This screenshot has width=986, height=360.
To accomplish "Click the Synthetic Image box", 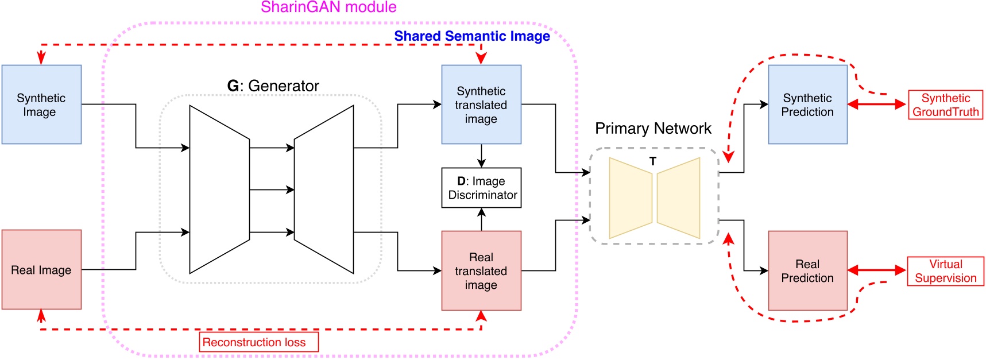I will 41,104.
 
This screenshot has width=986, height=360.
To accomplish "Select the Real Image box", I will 41,270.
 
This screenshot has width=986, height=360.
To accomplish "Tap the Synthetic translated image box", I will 481,104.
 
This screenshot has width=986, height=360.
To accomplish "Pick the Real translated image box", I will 481,270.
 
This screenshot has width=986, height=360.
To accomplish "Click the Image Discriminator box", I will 481,188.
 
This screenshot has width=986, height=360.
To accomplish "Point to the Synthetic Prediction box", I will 807,104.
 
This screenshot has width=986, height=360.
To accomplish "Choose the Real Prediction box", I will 807,270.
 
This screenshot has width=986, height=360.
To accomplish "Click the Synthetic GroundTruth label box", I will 945,104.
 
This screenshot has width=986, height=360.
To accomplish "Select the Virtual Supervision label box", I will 945,271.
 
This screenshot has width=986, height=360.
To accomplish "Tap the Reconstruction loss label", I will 258,342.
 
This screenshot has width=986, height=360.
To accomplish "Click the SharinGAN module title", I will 328,7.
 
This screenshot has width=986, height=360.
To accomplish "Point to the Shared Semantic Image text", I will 471,36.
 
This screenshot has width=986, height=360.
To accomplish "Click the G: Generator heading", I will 273,86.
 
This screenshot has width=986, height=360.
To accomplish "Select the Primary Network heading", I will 653,129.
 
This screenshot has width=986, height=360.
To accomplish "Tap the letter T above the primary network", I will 652,162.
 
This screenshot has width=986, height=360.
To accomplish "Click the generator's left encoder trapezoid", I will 219,189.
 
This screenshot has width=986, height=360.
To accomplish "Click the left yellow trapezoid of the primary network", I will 631,198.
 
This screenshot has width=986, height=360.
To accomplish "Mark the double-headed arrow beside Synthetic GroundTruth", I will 877,104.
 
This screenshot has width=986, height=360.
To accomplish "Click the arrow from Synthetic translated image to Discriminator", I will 481,156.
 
